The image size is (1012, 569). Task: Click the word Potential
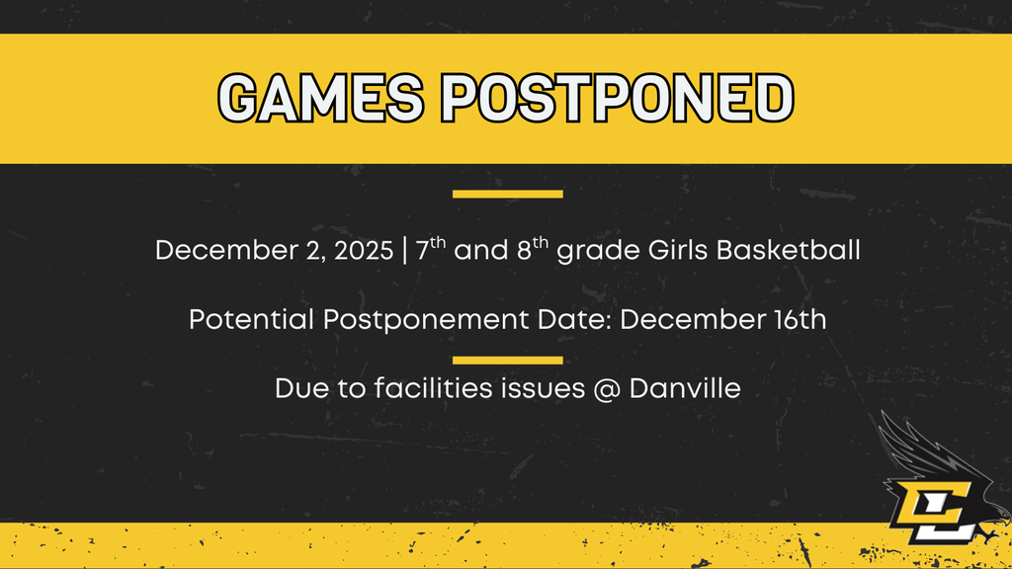[245, 321]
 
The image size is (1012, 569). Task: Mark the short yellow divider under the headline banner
[507, 194]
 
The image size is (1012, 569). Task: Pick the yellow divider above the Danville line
[507, 360]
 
